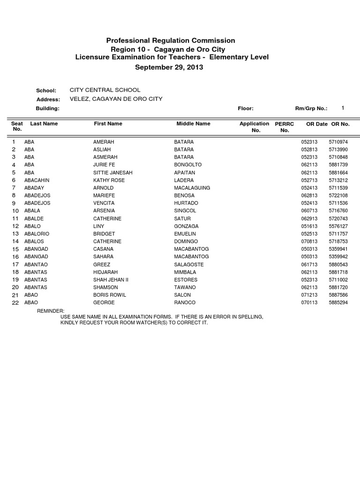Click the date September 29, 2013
tap(169, 67)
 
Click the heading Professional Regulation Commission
tap(171, 41)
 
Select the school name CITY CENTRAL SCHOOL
tap(105, 90)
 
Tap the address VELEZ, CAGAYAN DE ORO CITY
tap(116, 99)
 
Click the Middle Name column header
tap(193, 124)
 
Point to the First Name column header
tap(108, 124)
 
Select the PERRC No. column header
tap(285, 127)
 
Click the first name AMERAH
tap(104, 142)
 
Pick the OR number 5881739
tap(338, 165)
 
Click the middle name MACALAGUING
tap(192, 188)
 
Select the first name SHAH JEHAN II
tap(111, 280)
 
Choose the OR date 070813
tap(309, 241)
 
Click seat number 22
tap(15, 303)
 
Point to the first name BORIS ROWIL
tap(110, 295)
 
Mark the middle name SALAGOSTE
tap(188, 264)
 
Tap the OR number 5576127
tap(338, 226)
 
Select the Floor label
tap(246, 108)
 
